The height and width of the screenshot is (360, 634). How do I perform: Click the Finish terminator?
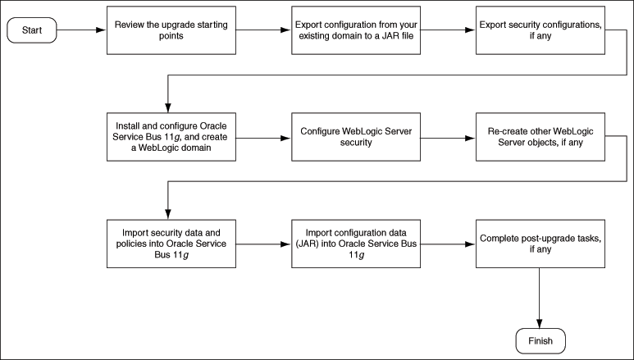click(539, 339)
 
